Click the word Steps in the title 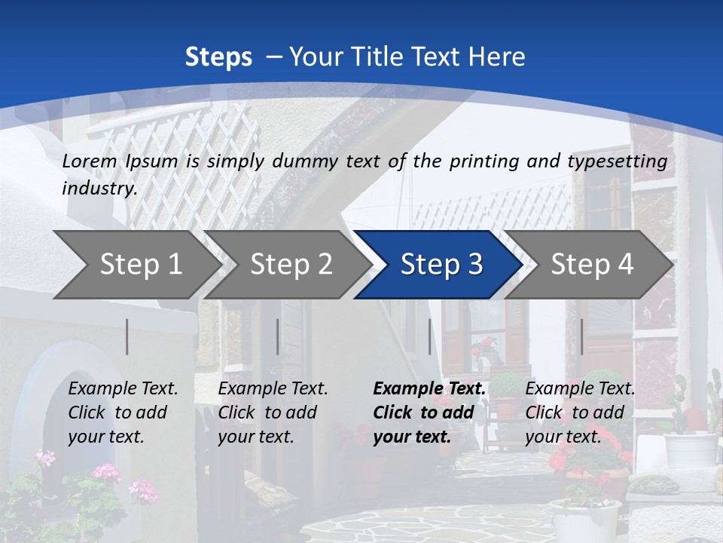[218, 57]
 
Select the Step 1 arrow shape [136, 265]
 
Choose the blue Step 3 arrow [440, 265]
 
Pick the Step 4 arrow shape [590, 265]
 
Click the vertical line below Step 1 [127, 336]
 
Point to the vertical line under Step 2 [278, 336]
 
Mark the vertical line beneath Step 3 [430, 336]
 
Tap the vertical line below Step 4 [582, 336]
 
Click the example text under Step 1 [123, 413]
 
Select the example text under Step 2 [273, 413]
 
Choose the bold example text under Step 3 [429, 413]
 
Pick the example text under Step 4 [580, 413]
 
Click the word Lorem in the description [90, 161]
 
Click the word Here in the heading [496, 57]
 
